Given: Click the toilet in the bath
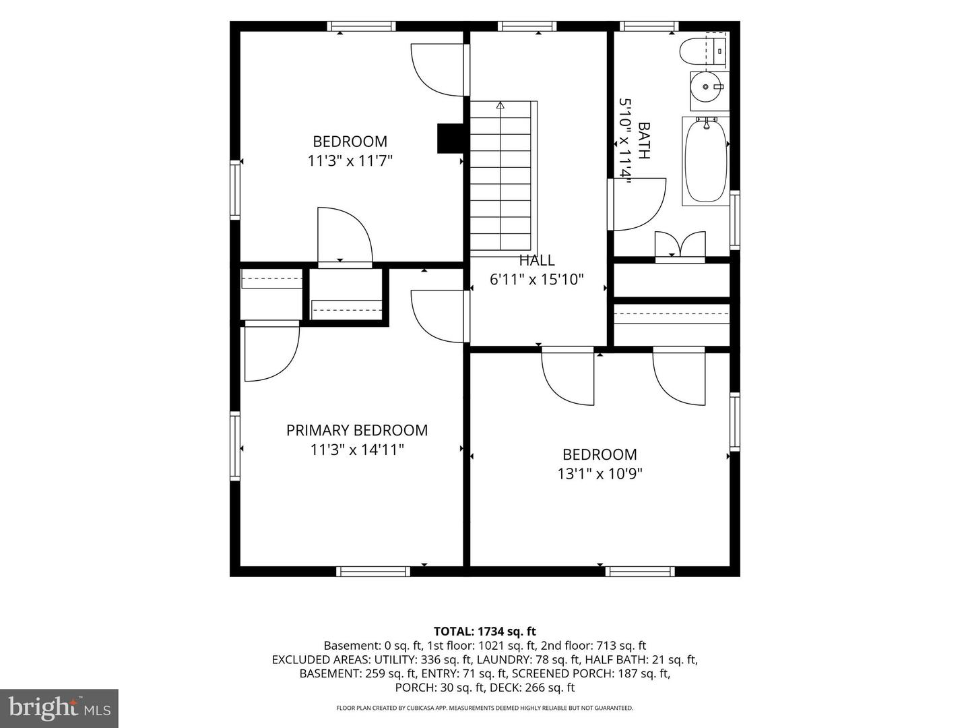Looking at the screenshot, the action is [x=703, y=51].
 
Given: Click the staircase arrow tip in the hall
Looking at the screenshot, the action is [x=500, y=105].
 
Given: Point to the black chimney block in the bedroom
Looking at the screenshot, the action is [x=451, y=138].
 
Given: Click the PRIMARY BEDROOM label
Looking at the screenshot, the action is [x=356, y=430].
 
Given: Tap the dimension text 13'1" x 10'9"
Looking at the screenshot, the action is [x=600, y=474].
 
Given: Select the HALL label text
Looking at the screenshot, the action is [x=536, y=260].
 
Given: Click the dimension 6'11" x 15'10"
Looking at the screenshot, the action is [x=536, y=279].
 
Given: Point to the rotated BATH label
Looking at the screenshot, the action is [x=644, y=141].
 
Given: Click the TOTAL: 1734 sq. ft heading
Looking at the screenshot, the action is [x=485, y=631].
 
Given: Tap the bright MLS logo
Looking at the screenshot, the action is [x=59, y=708].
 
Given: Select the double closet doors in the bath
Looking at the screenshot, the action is [x=680, y=245].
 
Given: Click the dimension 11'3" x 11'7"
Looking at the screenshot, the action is [x=350, y=160].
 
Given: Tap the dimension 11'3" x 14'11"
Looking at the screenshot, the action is [x=356, y=450].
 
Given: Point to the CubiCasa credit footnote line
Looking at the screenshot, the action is [x=485, y=708].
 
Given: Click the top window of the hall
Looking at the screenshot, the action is [x=527, y=26].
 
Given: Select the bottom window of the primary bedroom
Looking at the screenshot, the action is [x=373, y=572].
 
